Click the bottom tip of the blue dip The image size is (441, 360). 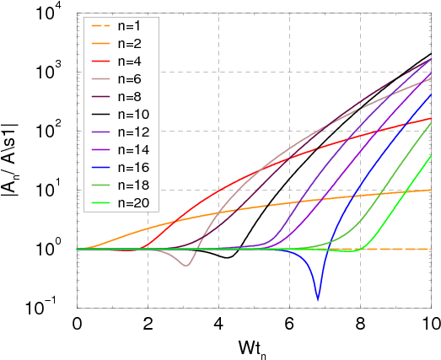point(318,299)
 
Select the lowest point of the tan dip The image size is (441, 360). point(186,266)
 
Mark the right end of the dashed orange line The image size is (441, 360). point(432,250)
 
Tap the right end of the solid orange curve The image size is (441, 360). point(432,193)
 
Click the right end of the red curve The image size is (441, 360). point(432,119)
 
